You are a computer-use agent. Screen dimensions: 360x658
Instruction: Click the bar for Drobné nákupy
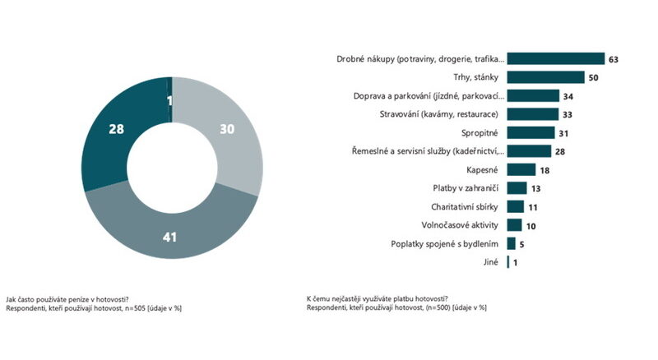(556, 59)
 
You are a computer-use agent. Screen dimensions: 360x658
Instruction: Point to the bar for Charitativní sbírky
(516, 206)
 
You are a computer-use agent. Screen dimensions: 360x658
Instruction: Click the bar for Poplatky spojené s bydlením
(512, 243)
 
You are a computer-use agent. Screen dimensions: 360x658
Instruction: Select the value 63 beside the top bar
(614, 59)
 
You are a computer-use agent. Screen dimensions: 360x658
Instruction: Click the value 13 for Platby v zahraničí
(537, 188)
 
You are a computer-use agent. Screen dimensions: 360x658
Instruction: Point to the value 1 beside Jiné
(516, 262)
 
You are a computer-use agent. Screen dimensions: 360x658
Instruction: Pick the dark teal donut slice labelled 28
(116, 130)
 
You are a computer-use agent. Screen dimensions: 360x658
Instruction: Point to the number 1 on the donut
(169, 101)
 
